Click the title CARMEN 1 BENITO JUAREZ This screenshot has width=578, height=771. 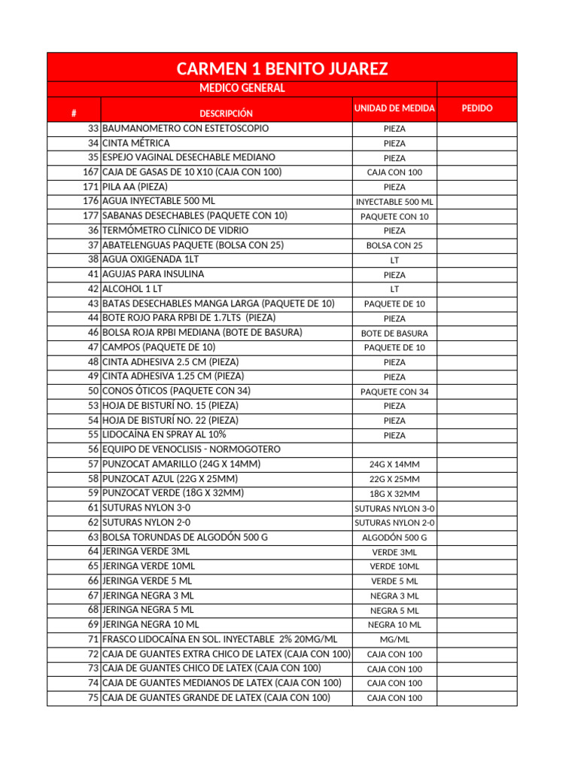[282, 69]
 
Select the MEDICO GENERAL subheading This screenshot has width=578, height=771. [242, 89]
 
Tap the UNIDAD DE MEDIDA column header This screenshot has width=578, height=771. [394, 108]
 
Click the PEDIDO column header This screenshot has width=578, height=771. [477, 108]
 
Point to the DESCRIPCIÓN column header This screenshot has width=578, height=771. [226, 113]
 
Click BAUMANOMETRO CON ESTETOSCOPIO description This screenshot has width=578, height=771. [185, 128]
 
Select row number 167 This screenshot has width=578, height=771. [91, 172]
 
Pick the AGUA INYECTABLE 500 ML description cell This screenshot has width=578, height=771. [159, 201]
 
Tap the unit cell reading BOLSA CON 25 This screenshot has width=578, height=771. [394, 245]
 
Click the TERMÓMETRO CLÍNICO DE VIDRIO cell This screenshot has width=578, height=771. [175, 230]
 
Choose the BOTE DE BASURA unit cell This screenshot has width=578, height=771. [394, 333]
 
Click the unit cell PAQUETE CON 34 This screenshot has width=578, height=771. [394, 392]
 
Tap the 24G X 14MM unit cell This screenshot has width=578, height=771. [394, 465]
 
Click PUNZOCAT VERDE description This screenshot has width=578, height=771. [173, 493]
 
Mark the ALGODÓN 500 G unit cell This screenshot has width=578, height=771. [394, 538]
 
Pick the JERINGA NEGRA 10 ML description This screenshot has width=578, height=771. [151, 624]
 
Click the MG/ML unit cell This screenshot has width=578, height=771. [394, 639]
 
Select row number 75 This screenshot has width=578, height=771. [93, 697]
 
